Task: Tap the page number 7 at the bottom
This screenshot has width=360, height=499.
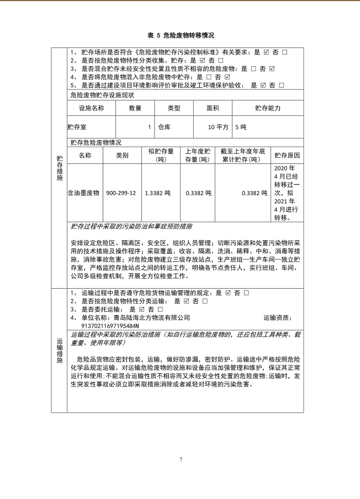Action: [x=180, y=459]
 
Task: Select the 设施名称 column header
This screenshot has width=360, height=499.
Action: [x=91, y=108]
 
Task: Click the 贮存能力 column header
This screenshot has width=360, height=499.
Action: [x=268, y=108]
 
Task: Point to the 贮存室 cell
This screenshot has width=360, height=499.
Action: [x=78, y=127]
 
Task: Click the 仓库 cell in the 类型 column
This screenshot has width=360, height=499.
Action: [x=164, y=127]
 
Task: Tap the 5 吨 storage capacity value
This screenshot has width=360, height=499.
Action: [x=241, y=127]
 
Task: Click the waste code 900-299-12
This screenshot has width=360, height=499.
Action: [x=121, y=193]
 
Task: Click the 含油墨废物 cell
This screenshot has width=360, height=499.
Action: [x=83, y=193]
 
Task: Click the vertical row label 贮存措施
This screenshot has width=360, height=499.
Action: [x=59, y=168]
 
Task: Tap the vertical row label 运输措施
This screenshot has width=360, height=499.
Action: [x=59, y=350]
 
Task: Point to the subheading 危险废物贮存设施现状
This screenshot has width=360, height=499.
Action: [x=102, y=95]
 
